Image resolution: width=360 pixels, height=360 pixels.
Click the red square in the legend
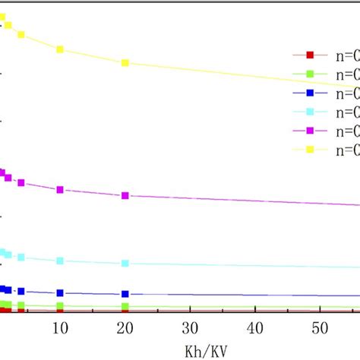tap(310, 55)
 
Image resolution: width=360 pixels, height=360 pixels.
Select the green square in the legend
tap(310, 74)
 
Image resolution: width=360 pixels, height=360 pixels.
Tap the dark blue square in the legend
tap(310, 93)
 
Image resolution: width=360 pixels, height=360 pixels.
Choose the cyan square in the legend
tap(310, 112)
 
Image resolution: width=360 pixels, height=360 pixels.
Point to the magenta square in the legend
tap(310, 131)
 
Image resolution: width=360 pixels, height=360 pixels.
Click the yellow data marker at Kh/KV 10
tap(60, 49)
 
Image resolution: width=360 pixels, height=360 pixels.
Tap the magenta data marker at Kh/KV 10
tap(60, 189)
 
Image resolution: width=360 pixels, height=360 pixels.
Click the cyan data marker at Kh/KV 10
tap(60, 261)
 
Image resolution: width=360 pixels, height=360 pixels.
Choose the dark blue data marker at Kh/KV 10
tap(60, 292)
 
